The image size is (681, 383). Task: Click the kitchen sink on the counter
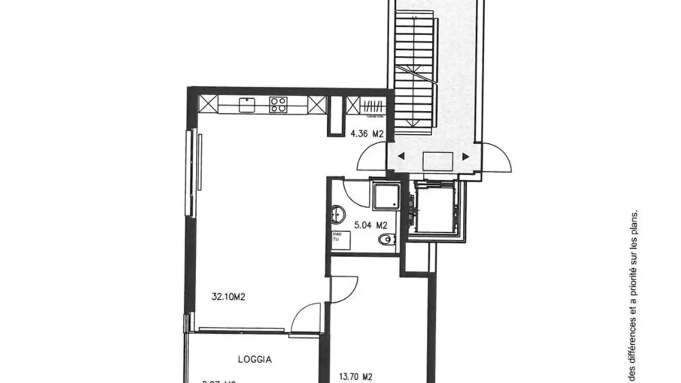(x=247, y=104)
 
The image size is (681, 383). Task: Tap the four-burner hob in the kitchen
(x=278, y=104)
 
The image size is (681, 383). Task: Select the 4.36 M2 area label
(x=366, y=134)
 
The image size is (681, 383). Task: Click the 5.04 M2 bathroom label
(x=371, y=226)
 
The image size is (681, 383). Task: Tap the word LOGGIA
(x=254, y=359)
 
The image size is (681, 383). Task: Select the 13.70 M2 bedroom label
(x=356, y=377)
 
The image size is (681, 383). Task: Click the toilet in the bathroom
(x=386, y=240)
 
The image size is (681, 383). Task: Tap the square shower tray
(x=386, y=196)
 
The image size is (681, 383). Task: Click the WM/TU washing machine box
(x=341, y=240)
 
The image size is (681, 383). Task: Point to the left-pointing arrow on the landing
(x=401, y=157)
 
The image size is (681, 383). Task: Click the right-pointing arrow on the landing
(x=466, y=157)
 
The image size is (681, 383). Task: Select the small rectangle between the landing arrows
(x=438, y=161)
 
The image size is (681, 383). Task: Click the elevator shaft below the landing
(x=434, y=208)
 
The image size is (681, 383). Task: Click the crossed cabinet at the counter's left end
(x=208, y=104)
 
